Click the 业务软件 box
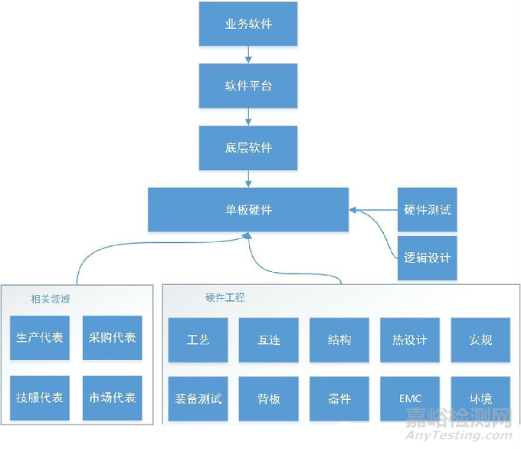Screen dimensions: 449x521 248,24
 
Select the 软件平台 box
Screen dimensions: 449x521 248,85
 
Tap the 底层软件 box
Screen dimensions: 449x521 248,147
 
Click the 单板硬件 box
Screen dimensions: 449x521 248,209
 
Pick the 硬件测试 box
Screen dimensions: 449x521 427,209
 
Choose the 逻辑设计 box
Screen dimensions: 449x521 427,257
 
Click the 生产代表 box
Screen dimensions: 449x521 40,338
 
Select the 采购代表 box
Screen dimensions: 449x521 112,338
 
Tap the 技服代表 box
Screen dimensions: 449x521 40,398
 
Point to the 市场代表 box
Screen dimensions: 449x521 112,398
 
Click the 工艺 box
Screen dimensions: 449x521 198,339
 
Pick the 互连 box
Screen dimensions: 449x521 268,339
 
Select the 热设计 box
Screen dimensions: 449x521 410,339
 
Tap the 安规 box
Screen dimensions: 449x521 480,339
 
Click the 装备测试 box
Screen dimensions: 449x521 198,398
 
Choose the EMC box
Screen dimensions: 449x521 410,398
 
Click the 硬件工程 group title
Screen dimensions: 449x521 225,297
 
